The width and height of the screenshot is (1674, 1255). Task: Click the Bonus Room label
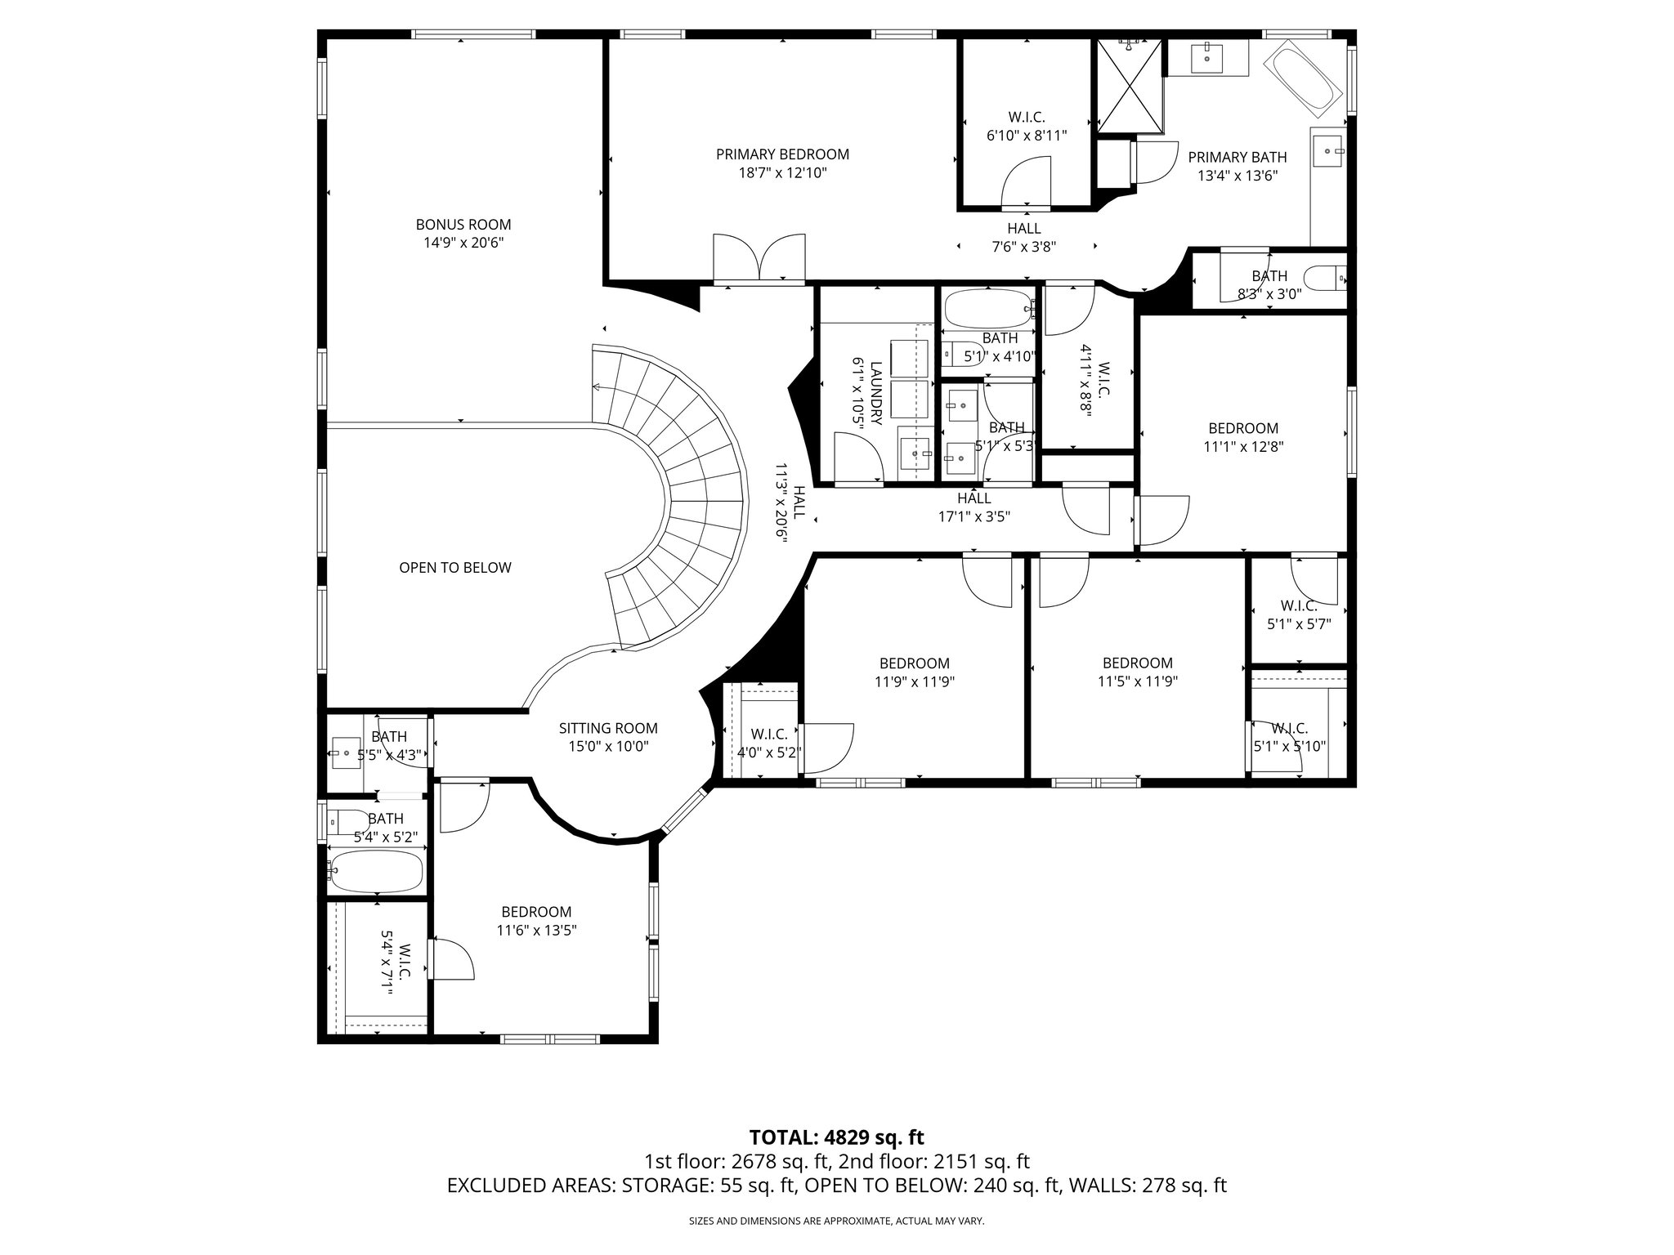[x=463, y=225]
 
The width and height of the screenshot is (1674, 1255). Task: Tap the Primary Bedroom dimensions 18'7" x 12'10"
[x=782, y=173]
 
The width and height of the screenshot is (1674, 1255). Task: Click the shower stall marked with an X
[x=1129, y=86]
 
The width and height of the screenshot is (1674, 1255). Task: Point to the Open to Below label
[x=454, y=568]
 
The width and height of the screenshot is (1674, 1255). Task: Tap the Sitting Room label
[x=607, y=729]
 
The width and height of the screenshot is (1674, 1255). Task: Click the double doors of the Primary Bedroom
[x=759, y=260]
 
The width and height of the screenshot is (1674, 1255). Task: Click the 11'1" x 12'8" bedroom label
[x=1242, y=428]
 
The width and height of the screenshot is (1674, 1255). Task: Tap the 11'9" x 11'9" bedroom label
[x=914, y=663]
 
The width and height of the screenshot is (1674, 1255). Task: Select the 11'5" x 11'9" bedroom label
[x=1137, y=663]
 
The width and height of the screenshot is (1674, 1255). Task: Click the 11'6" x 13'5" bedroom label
[x=536, y=912]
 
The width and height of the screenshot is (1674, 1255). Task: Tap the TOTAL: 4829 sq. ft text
[x=836, y=1137]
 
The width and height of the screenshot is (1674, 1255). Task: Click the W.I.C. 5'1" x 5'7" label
[x=1298, y=606]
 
